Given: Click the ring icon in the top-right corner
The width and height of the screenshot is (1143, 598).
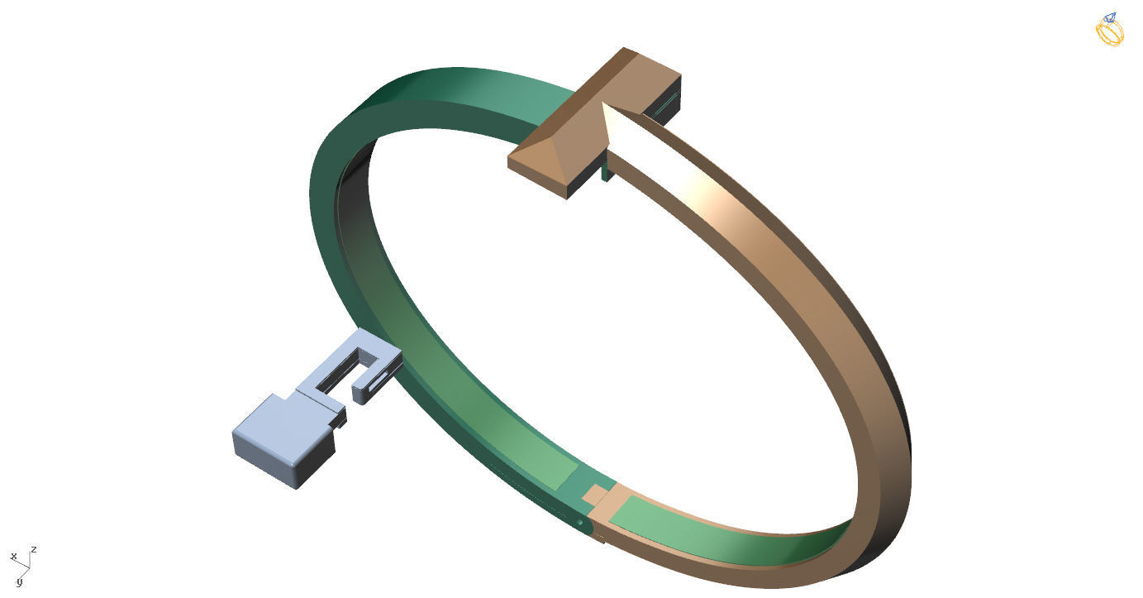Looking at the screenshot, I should pyautogui.click(x=1109, y=30).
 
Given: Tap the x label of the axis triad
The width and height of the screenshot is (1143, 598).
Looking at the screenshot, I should pyautogui.click(x=13, y=556).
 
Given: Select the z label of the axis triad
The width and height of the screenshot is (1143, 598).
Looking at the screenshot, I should pyautogui.click(x=34, y=549).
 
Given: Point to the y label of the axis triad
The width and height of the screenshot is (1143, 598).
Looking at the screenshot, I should pyautogui.click(x=18, y=582).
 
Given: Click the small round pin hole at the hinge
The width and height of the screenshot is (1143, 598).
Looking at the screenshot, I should pyautogui.click(x=580, y=523).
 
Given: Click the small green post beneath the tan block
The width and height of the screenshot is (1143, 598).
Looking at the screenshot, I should pyautogui.click(x=606, y=172).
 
